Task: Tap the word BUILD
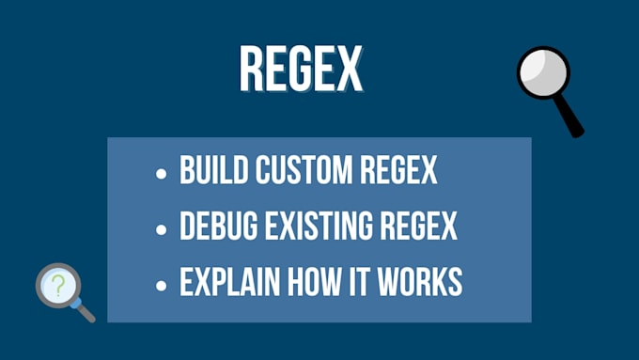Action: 208,172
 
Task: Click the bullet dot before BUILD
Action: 162,174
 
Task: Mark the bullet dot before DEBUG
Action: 162,228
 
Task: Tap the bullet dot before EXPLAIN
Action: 162,283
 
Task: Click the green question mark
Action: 57,285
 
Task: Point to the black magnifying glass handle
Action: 569,117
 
